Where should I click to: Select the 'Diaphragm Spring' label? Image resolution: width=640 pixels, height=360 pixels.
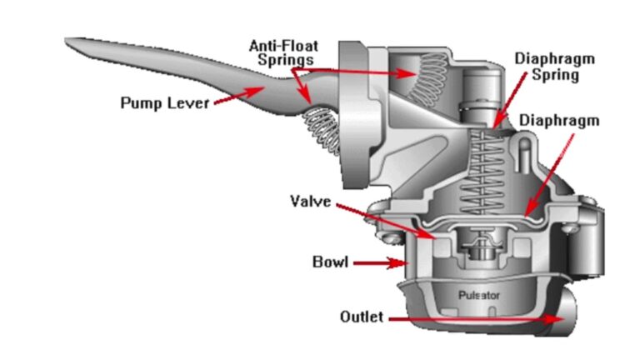point(548,67)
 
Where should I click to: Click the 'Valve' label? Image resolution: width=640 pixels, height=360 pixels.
point(310,201)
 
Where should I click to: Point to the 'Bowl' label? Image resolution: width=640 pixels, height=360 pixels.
point(330,263)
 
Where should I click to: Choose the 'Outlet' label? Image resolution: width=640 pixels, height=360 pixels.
point(362,317)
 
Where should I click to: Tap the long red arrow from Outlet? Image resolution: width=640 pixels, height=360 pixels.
point(474,318)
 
